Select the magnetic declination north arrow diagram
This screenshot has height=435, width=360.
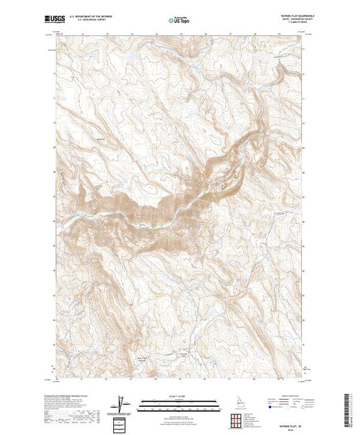point(121,403)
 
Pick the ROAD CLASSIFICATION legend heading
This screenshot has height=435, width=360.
point(280,394)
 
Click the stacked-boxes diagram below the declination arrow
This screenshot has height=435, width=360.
point(121,421)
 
